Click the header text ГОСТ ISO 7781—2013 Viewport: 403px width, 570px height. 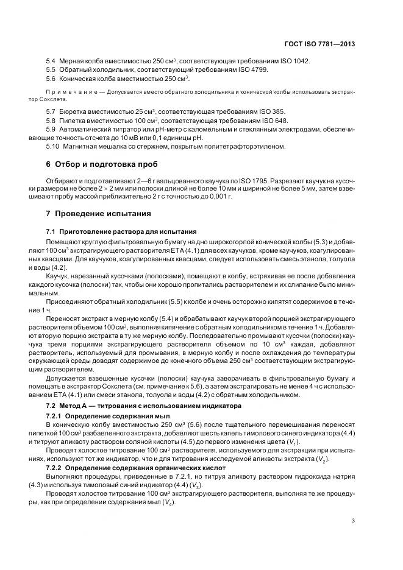click(x=319, y=44)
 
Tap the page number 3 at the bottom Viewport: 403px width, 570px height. click(x=353, y=520)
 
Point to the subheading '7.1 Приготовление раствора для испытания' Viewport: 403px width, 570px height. click(x=121, y=231)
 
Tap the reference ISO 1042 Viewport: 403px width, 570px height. click(x=294, y=62)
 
